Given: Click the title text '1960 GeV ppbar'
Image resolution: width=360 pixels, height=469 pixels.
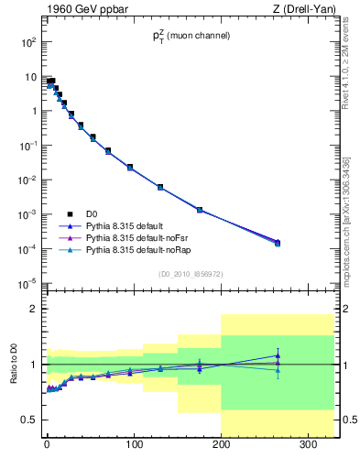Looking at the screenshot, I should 84,10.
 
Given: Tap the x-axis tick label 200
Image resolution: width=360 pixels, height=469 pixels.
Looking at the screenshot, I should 221,447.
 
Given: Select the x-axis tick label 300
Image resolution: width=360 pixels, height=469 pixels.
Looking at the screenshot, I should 308,447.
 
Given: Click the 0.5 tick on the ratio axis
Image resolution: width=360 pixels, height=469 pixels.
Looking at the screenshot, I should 29,420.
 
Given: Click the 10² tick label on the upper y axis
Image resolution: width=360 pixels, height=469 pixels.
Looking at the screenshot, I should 27,42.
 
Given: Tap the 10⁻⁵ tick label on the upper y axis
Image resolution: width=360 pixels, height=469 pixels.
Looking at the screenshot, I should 27,283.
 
